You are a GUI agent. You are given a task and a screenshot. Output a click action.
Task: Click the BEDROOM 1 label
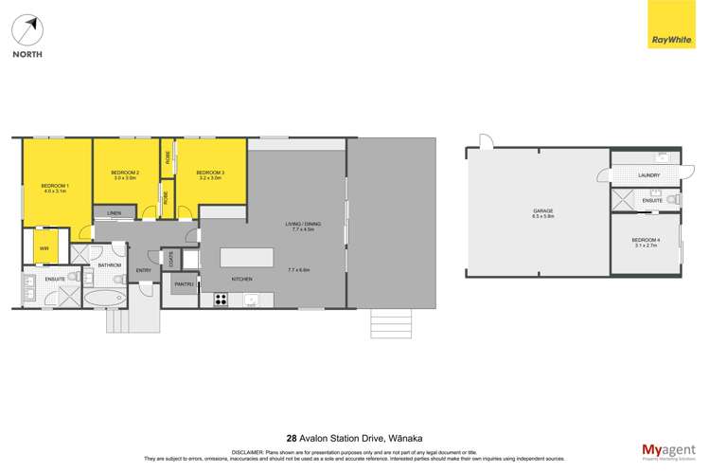click(55, 185)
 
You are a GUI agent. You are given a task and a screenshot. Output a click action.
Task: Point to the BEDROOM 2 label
click(126, 173)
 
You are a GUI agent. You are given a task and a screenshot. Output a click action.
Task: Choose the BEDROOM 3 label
click(209, 173)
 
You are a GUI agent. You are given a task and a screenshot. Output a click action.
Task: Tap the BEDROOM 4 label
click(646, 240)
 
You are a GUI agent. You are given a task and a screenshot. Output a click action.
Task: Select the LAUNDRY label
click(649, 175)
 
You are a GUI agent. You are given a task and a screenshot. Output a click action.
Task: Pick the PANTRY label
click(183, 284)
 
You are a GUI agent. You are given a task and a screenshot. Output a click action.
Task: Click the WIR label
click(44, 248)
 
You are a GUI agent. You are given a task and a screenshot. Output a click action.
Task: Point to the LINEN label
click(114, 212)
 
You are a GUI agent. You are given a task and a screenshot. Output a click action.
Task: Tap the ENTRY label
click(144, 270)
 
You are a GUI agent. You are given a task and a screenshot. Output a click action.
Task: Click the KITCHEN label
click(241, 279)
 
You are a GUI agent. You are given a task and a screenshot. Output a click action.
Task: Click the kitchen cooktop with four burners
click(221, 300)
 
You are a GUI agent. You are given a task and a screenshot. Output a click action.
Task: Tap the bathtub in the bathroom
click(104, 299)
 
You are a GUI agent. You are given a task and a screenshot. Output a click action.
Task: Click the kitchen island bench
click(247, 257)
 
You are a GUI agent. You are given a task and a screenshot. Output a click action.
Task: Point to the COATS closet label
click(170, 257)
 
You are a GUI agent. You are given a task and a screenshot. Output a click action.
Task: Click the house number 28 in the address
click(292, 439)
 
